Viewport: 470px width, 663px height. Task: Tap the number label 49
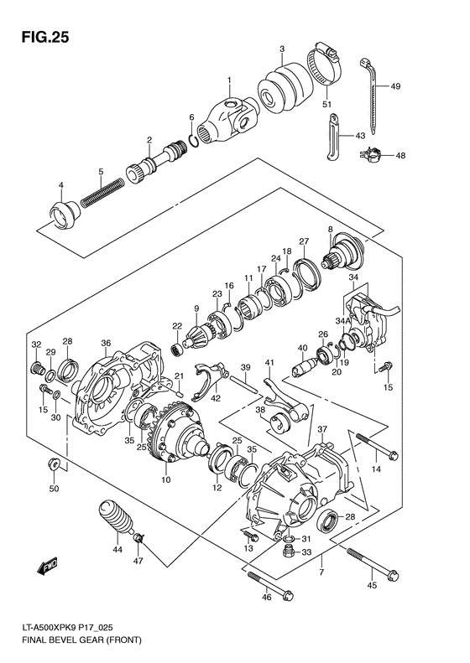(395, 86)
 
